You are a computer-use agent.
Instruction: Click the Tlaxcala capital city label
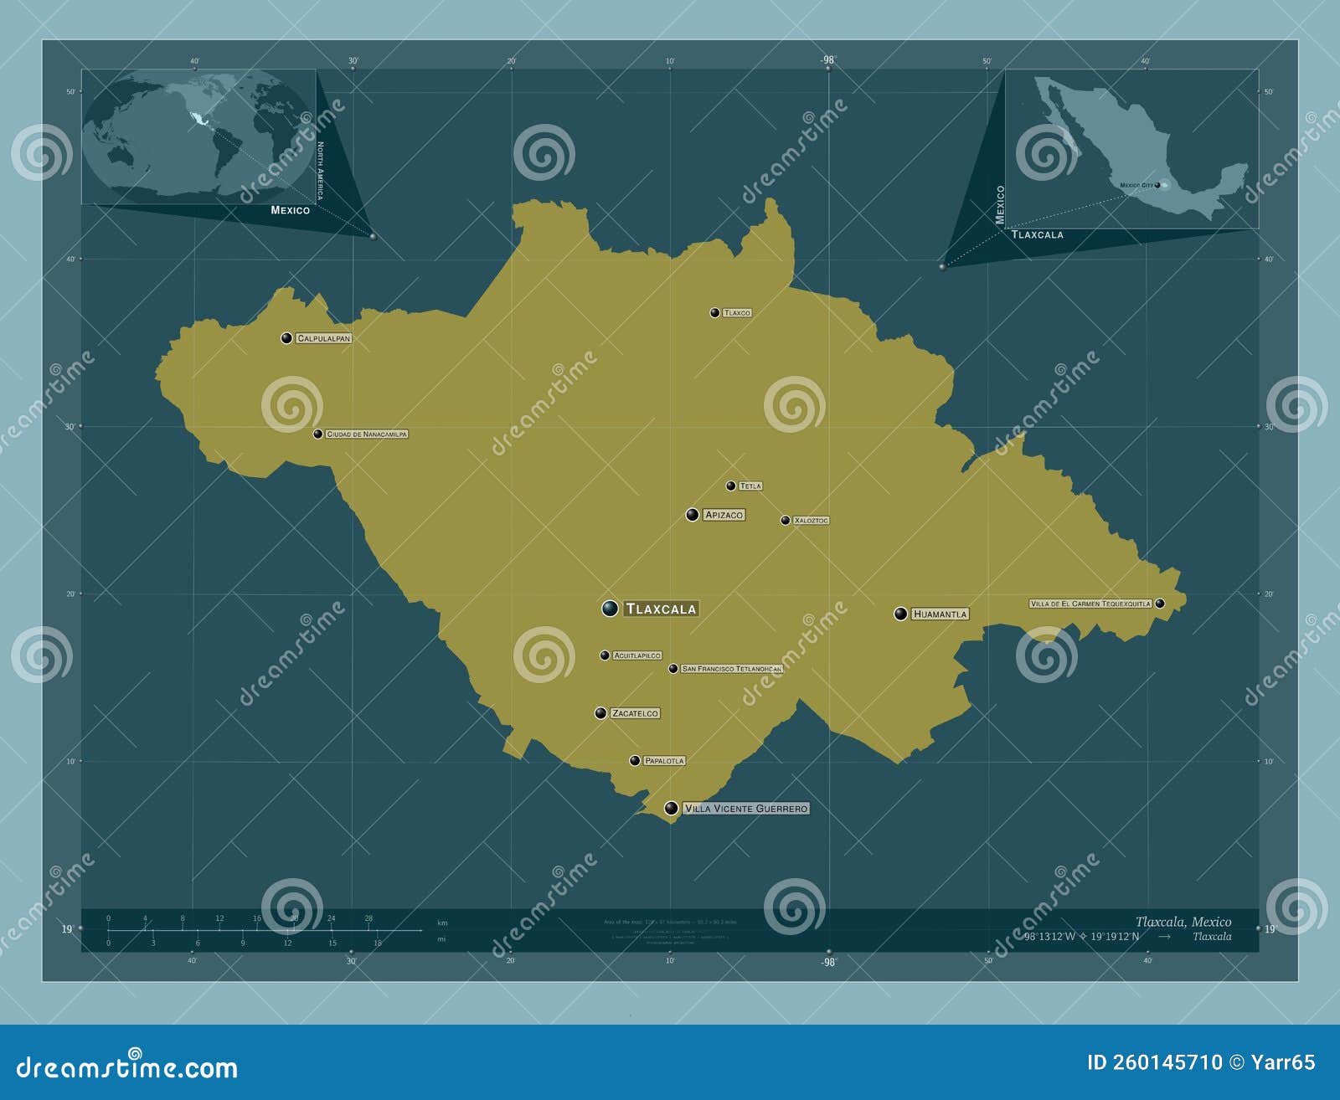tap(661, 609)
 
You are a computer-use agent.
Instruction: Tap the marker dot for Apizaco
tap(693, 515)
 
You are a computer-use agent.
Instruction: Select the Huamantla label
tap(940, 614)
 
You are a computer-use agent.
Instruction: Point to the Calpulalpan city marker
tap(286, 338)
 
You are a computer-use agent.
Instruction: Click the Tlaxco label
tap(737, 313)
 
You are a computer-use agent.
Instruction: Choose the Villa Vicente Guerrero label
tap(745, 809)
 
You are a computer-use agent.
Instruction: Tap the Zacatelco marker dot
tap(600, 713)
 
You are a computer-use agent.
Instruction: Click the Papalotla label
tap(664, 761)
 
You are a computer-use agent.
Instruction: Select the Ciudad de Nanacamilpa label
tap(366, 434)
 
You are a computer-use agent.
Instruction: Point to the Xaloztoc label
tap(811, 521)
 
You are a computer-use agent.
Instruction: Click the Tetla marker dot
tap(730, 486)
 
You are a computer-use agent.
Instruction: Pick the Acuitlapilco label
tap(637, 655)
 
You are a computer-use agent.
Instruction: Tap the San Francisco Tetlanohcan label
tap(731, 669)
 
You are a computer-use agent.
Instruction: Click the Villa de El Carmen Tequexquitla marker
tap(1160, 603)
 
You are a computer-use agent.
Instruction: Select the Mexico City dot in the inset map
tap(1157, 184)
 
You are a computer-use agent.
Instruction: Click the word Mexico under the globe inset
tap(290, 210)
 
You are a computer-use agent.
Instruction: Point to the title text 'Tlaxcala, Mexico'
tap(1183, 922)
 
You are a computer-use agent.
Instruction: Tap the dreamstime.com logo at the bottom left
tap(127, 1067)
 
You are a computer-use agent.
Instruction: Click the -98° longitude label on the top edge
tap(827, 59)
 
